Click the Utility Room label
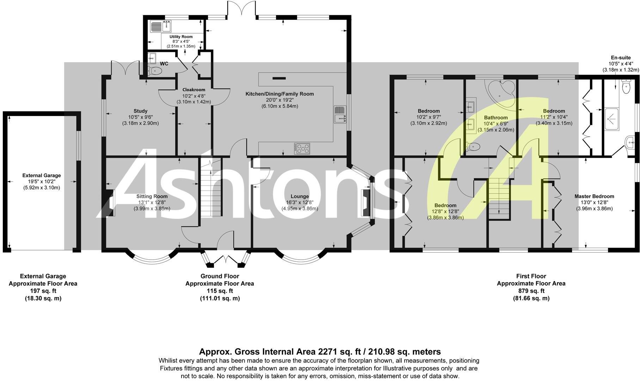click(x=181, y=37)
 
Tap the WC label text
click(x=164, y=64)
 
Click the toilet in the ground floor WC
click(x=155, y=71)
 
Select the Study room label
click(x=140, y=111)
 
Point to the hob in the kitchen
click(x=302, y=149)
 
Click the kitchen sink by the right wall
click(x=340, y=115)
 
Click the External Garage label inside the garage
click(x=42, y=175)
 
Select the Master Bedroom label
click(x=594, y=196)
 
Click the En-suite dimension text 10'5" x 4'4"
click(x=621, y=64)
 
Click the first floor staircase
click(x=499, y=198)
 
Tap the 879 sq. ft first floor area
click(x=531, y=291)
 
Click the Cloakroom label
click(x=193, y=90)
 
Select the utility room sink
click(x=160, y=26)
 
